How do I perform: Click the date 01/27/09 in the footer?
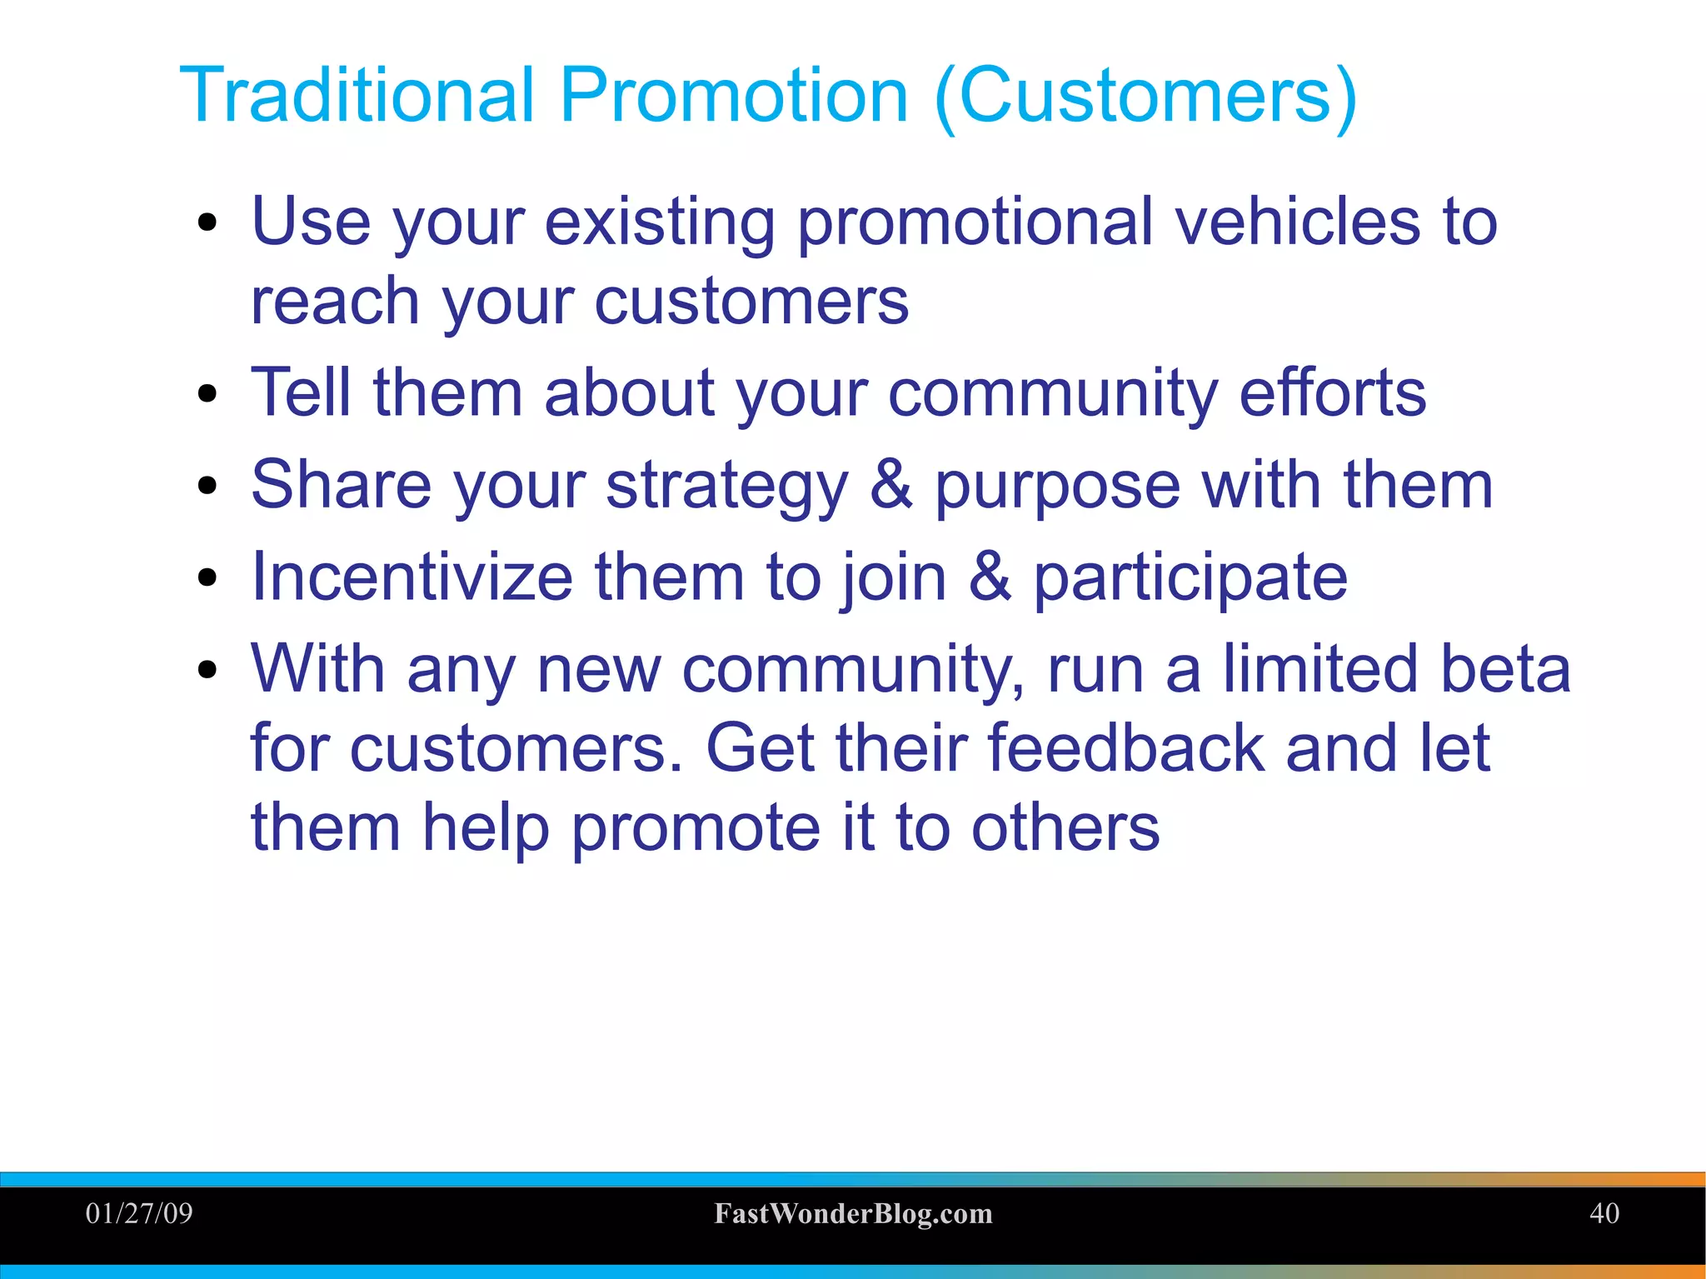click(x=139, y=1213)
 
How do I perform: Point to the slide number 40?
click(x=1604, y=1213)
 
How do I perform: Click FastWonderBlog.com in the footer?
click(x=853, y=1214)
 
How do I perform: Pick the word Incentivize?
click(x=412, y=577)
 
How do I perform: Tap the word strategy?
click(x=726, y=487)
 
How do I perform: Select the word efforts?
click(x=1332, y=392)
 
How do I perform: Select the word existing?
click(x=659, y=222)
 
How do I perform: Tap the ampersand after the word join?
click(x=990, y=577)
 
